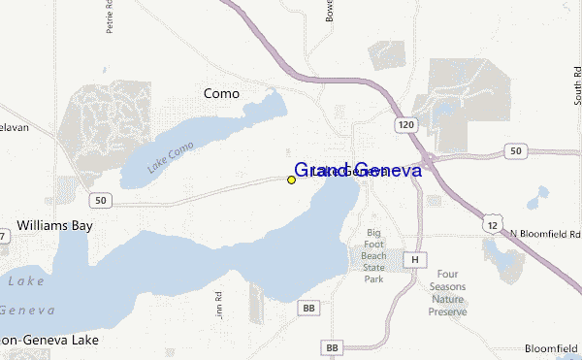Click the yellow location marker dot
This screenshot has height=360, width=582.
click(x=291, y=180)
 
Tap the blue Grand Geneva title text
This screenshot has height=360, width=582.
click(x=357, y=170)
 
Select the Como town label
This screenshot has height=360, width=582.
click(x=221, y=93)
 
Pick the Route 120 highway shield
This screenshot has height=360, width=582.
click(x=406, y=125)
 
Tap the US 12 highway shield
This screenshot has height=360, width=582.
click(x=495, y=225)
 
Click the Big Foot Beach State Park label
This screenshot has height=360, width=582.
click(x=374, y=255)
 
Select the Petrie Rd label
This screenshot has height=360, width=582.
click(x=110, y=17)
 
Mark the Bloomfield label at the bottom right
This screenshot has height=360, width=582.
click(x=551, y=347)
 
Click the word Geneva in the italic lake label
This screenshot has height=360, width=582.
click(x=26, y=311)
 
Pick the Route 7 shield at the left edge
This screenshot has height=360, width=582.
click(x=4, y=236)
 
